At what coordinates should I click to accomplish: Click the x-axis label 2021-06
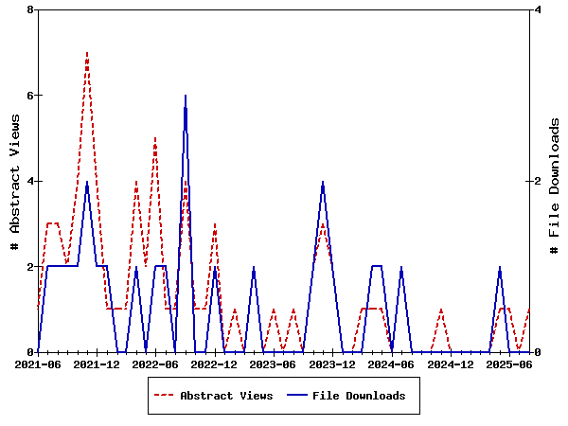tap(38, 364)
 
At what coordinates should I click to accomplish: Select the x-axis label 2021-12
tap(97, 364)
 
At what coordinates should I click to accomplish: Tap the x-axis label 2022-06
tap(155, 364)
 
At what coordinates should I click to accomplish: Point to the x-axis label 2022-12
tap(215, 364)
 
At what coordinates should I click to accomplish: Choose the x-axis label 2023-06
tap(274, 364)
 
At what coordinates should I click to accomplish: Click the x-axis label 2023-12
tap(332, 364)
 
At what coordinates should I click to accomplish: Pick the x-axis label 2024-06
tap(391, 364)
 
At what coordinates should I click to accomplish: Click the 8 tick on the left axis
tap(31, 9)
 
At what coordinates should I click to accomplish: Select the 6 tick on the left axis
tap(31, 96)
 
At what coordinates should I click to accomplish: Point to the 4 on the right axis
tap(538, 9)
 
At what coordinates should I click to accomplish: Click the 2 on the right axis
tap(538, 181)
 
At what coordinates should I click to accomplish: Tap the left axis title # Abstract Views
tap(14, 181)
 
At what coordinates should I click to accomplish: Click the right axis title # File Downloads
tap(555, 181)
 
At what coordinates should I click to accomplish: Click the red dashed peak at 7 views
tap(87, 53)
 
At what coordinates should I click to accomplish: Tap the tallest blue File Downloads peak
tap(186, 96)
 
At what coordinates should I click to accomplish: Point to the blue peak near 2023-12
tap(323, 182)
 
